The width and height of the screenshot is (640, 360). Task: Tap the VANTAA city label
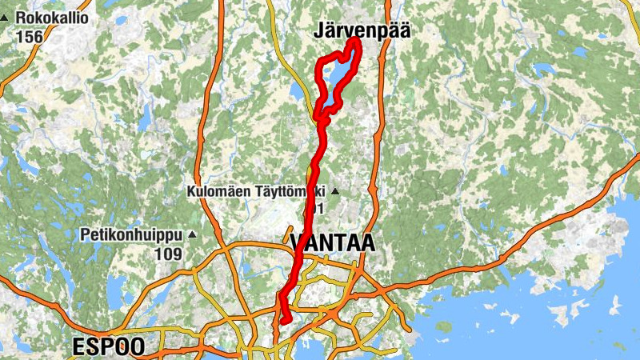point(332,242)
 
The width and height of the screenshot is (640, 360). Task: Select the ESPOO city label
point(108,346)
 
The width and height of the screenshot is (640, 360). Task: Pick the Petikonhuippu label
point(132,235)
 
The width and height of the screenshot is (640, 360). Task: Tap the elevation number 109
point(168,254)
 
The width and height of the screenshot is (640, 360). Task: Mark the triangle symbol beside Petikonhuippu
point(191,235)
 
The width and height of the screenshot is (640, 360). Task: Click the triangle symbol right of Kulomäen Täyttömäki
point(335,192)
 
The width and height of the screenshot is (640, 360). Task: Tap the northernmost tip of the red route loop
point(353,39)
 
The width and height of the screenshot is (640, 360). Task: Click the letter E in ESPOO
point(78,346)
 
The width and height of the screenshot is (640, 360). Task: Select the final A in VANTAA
point(366,242)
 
